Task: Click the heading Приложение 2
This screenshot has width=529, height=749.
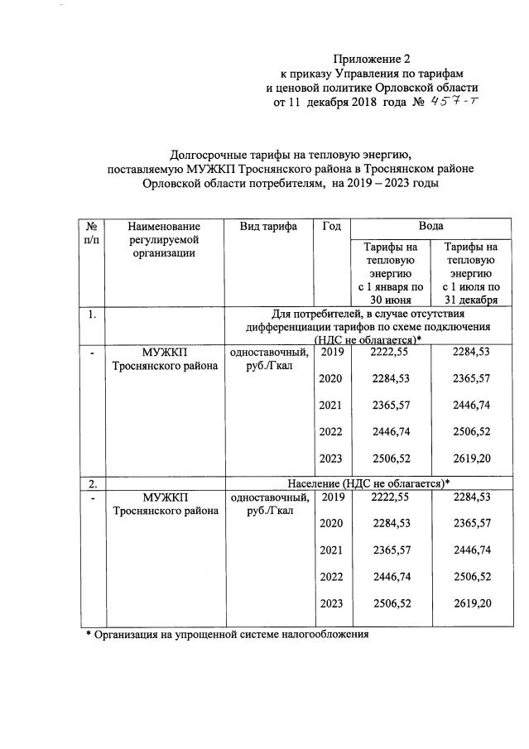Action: (x=372, y=59)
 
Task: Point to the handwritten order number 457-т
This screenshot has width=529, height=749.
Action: (x=455, y=103)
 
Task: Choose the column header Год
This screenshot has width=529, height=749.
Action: (x=329, y=226)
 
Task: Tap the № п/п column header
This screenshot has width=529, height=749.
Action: (x=94, y=233)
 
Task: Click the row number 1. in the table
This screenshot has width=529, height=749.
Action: (x=93, y=314)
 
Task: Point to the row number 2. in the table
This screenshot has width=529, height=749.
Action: (x=93, y=483)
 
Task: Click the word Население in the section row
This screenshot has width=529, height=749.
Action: (x=320, y=483)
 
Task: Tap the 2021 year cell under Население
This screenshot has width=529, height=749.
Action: (x=330, y=550)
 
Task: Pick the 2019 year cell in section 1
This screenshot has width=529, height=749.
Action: (x=330, y=352)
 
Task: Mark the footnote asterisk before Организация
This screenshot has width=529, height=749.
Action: (x=89, y=636)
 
